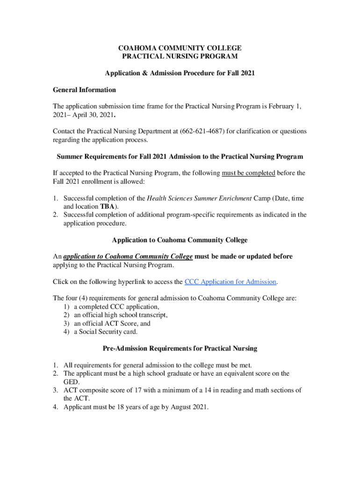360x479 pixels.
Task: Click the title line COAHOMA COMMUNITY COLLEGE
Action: click(x=180, y=48)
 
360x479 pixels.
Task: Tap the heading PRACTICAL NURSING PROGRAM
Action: click(x=180, y=57)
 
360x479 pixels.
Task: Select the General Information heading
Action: click(x=84, y=89)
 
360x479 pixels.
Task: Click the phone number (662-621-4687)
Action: click(x=202, y=131)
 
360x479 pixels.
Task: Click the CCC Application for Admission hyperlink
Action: click(x=230, y=282)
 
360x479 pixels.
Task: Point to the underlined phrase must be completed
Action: click(x=248, y=173)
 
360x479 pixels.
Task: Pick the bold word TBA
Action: click(x=106, y=206)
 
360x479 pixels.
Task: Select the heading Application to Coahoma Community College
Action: click(x=180, y=240)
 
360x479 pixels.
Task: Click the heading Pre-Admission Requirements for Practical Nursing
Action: click(x=180, y=348)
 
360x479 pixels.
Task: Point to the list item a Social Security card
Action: click(x=105, y=332)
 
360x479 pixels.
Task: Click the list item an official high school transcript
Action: click(x=120, y=315)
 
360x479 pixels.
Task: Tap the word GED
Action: click(x=71, y=382)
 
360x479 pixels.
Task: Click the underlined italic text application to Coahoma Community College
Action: click(x=128, y=256)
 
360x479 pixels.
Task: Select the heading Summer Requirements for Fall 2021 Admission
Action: click(x=180, y=156)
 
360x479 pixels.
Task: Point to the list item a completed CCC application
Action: click(x=116, y=307)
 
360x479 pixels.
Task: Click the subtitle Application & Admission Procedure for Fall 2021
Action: click(x=180, y=73)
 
